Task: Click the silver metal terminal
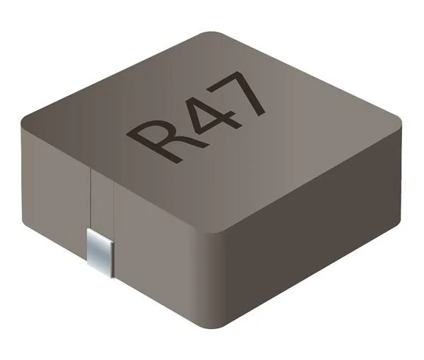[x=100, y=250]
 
